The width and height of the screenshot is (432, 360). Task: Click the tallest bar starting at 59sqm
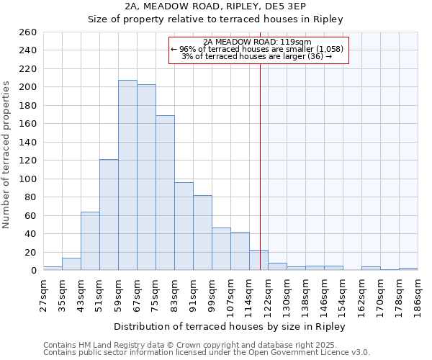coord(127,175)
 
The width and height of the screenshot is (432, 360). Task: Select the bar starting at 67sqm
coord(146,177)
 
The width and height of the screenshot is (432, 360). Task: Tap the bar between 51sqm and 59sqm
coord(109,215)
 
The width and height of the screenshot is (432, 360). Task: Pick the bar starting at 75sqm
coord(165,192)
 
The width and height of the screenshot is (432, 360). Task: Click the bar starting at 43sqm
coord(90,241)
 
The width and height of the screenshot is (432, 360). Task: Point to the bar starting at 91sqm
coord(202,233)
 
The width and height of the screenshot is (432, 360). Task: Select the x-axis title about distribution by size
coord(230,327)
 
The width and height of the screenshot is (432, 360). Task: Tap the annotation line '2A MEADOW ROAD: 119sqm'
coord(258,42)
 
